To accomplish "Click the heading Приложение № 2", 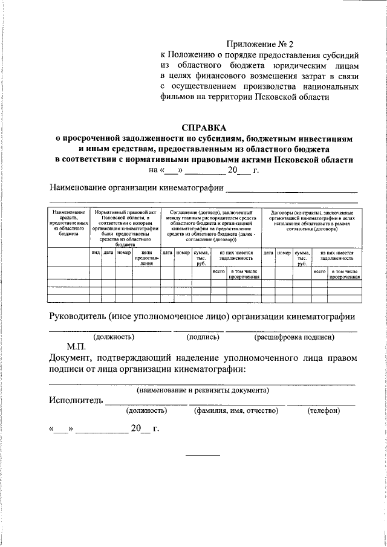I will coord(259,44).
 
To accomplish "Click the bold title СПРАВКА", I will coord(203,128).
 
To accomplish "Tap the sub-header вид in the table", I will coord(95,252).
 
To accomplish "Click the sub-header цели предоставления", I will coord(146,257).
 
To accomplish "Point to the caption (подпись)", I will coord(199,337).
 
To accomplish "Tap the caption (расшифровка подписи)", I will coord(294,337).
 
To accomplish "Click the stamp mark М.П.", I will coord(77,347).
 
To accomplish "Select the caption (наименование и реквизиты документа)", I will coord(202,390).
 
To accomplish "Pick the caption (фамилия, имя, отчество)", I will coord(236,410).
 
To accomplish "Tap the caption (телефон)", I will coord(324,410).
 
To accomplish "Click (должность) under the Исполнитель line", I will coord(146,410).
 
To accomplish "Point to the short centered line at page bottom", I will coord(203,455).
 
